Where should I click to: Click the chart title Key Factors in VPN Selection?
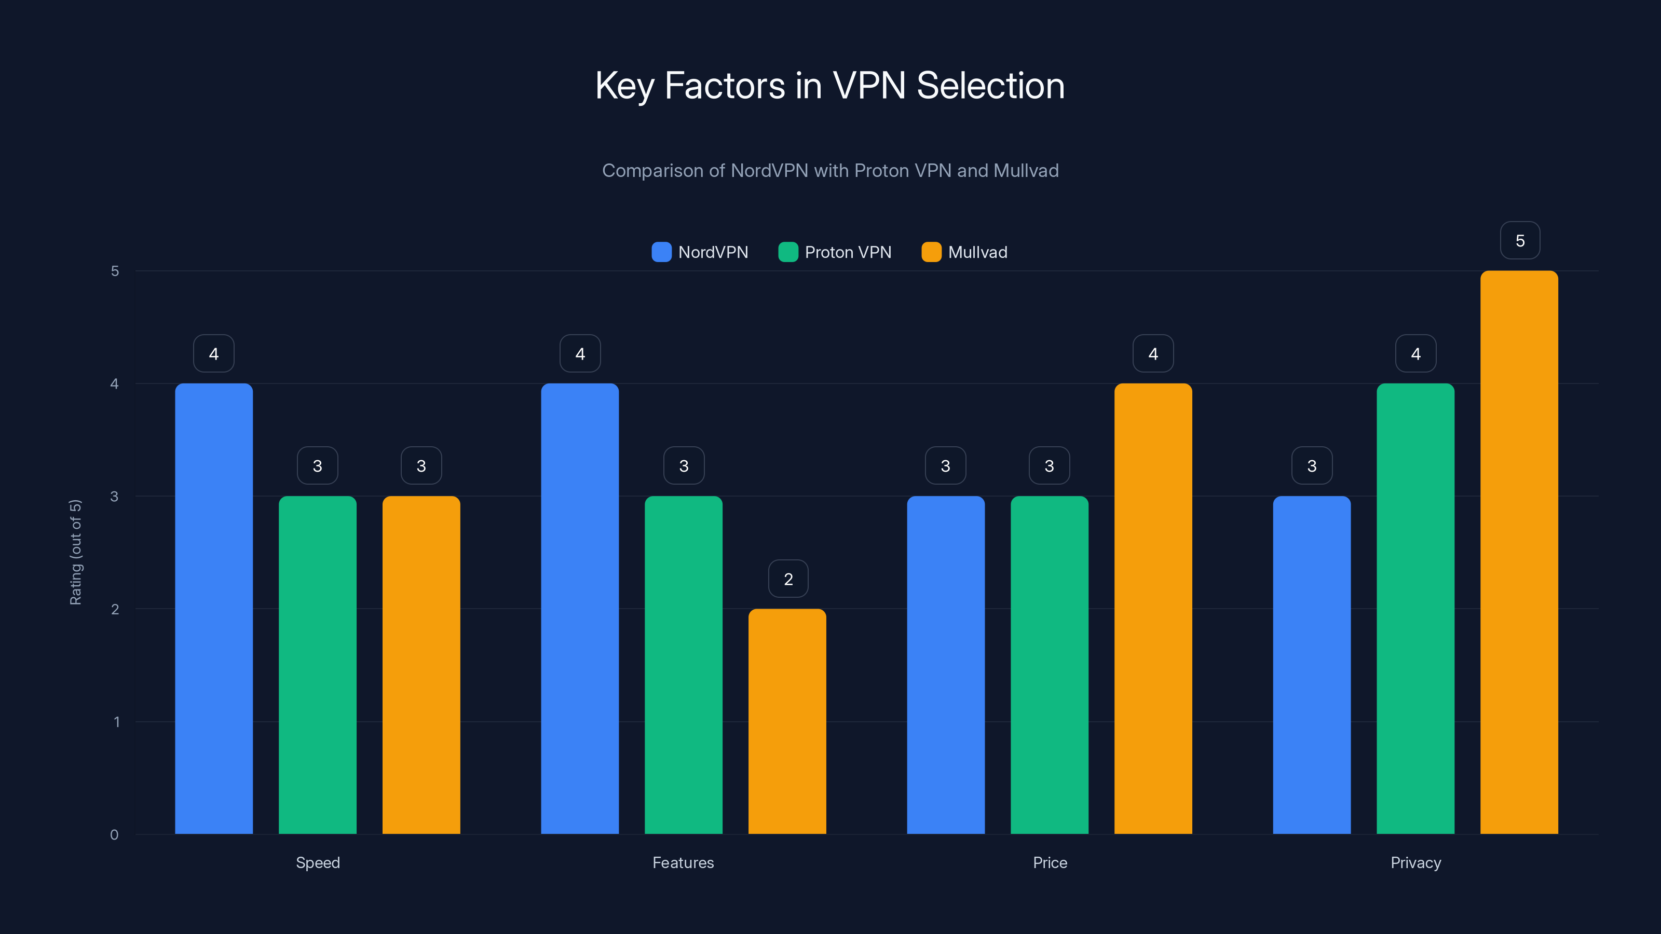830,85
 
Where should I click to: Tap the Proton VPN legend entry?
835,252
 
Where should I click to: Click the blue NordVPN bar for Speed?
213,609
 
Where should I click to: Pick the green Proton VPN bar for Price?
1049,665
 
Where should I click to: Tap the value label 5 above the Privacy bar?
1520,240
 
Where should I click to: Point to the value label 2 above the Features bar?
788,579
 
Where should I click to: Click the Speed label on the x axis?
317,862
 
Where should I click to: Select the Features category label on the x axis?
683,862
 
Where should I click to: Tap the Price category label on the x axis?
1050,862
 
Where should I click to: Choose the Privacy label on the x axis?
1415,862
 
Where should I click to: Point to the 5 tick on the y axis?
115,271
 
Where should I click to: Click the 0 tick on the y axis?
114,835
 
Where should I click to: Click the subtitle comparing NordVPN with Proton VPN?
830,170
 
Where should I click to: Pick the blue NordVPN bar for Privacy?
1312,665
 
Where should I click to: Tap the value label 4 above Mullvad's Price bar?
1153,353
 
